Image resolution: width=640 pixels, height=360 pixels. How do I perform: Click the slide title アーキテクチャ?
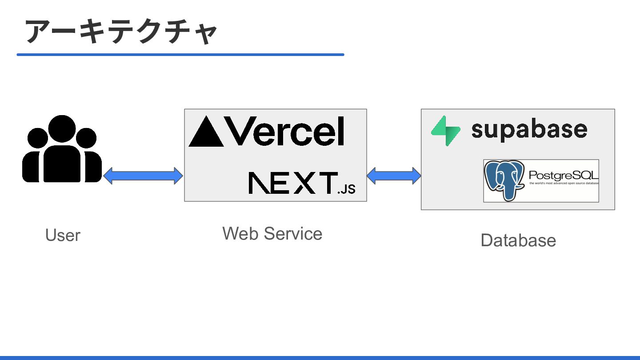121,32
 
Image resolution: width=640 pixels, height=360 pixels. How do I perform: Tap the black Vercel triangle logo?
206,132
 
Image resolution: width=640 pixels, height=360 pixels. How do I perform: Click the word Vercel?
284,131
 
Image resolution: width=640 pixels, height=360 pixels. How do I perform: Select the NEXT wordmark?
293,183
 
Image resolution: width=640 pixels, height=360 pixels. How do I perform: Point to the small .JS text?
346,189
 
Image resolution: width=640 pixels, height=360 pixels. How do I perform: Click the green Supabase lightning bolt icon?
445,131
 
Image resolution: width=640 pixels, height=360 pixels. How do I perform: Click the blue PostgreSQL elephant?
504,180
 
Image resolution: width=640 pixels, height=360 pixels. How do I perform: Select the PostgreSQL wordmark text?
564,175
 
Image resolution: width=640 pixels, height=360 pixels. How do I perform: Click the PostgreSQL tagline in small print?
564,183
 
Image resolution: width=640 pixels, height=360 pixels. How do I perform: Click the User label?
63,235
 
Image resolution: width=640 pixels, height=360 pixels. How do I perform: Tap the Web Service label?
272,233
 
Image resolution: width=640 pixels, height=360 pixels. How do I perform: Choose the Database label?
518,240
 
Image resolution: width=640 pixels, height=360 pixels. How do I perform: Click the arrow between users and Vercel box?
143,176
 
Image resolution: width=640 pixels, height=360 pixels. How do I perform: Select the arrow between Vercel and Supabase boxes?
394,176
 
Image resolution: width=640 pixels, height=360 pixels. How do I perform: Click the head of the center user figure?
62,128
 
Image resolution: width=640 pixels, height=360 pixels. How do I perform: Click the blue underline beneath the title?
180,55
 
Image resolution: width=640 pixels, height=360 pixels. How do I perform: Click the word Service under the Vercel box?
293,233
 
